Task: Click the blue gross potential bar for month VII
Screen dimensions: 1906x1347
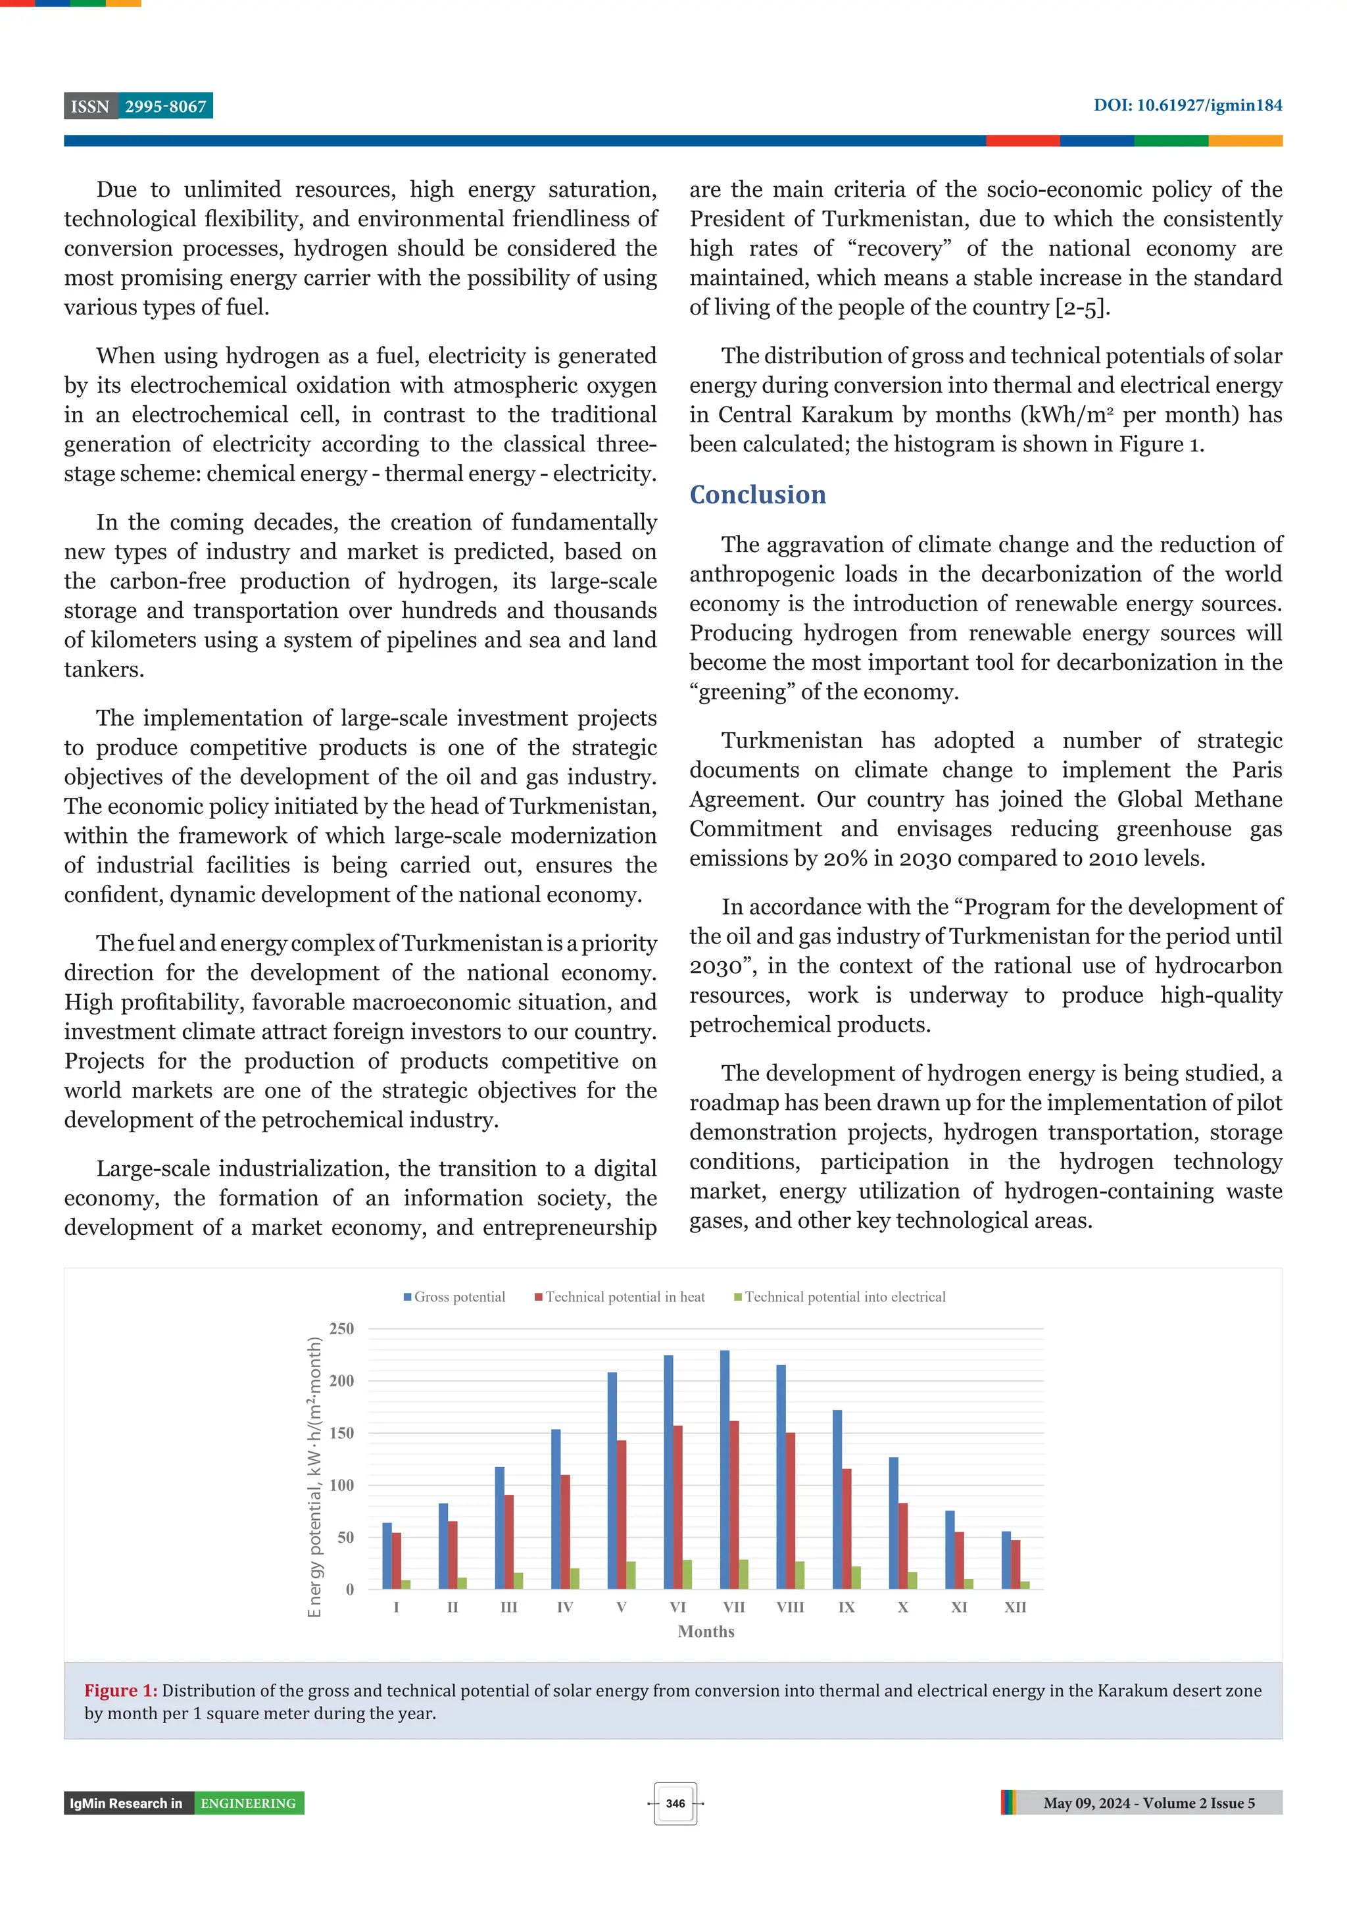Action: coord(725,1469)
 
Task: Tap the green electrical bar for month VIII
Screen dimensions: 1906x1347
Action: coord(800,1575)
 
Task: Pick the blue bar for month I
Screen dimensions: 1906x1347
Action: coord(387,1556)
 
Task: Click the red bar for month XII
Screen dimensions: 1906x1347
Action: coord(1015,1564)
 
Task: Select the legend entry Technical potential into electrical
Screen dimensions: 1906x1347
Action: coord(840,1297)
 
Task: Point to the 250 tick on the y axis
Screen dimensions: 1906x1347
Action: coord(341,1328)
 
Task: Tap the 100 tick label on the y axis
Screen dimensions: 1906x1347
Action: coord(341,1485)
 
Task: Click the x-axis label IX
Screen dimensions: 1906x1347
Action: coord(846,1607)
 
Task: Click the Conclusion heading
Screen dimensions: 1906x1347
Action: coord(757,495)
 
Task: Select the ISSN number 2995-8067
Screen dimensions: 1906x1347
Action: coord(165,107)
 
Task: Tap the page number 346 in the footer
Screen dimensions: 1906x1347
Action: coord(675,1803)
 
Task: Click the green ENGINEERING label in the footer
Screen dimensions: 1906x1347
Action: coord(248,1803)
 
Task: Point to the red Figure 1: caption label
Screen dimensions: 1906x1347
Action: coord(120,1690)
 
